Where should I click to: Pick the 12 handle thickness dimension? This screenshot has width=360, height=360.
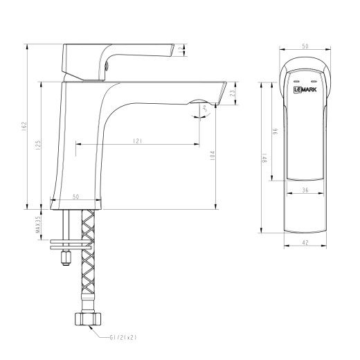[x=182, y=49]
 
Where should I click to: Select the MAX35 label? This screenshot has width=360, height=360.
[x=39, y=226]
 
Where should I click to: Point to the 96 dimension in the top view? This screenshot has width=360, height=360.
[x=274, y=132]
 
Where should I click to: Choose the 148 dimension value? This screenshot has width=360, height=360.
[x=264, y=162]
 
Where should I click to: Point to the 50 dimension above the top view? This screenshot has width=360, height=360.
[x=305, y=46]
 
